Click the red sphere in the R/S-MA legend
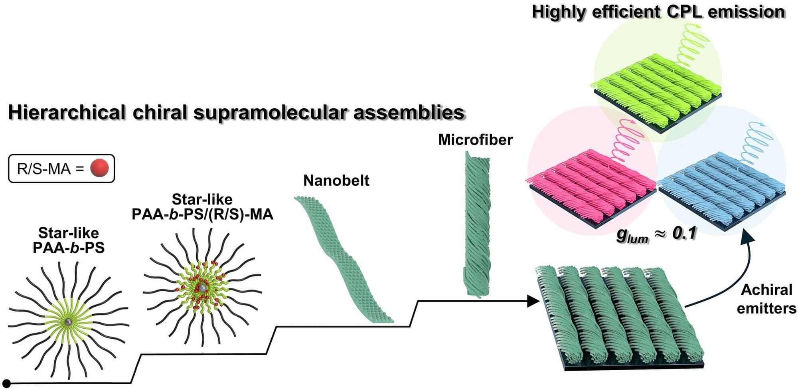(99, 168)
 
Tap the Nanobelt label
(336, 181)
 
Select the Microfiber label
(475, 140)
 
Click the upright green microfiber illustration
(477, 224)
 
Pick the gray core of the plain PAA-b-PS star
(69, 322)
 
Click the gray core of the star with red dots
(203, 288)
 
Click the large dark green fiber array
(618, 316)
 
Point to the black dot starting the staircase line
(6, 384)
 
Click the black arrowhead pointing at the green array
(533, 301)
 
